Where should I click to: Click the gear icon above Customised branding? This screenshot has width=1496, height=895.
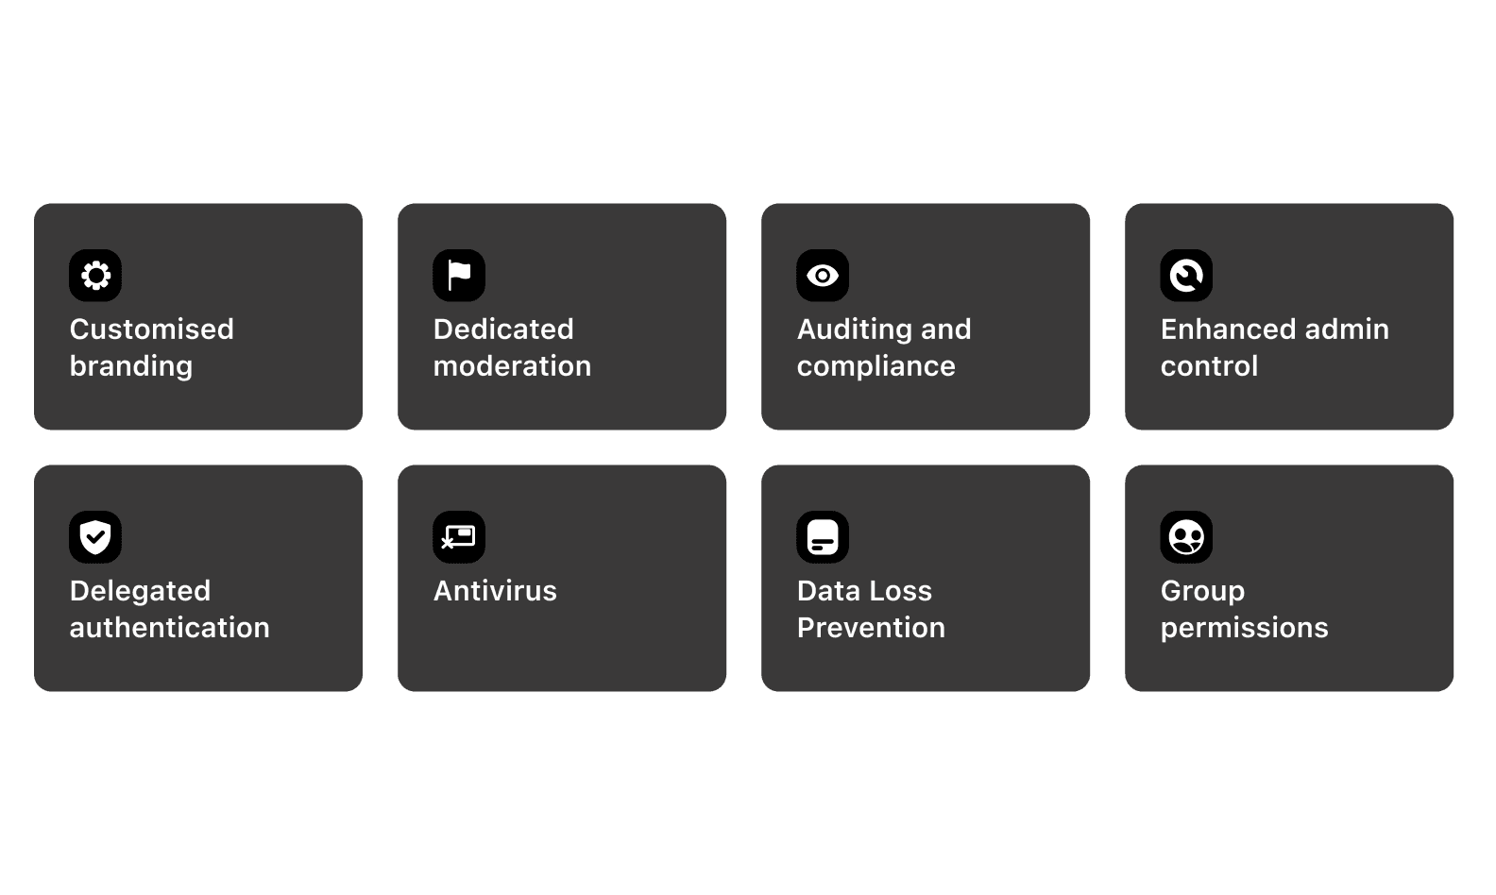pyautogui.click(x=95, y=276)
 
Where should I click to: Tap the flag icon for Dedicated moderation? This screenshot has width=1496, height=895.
pyautogui.click(x=459, y=276)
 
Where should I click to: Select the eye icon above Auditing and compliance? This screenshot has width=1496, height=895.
pyautogui.click(x=823, y=276)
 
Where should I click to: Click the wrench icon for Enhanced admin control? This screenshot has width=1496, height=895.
pyautogui.click(x=1186, y=276)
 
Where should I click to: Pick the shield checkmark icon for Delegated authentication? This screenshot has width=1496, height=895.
pyautogui.click(x=95, y=537)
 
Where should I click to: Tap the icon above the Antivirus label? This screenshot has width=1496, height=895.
pyautogui.click(x=459, y=537)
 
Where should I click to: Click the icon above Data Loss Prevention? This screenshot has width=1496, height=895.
pyautogui.click(x=823, y=537)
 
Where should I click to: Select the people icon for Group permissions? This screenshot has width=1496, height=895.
pyautogui.click(x=1186, y=537)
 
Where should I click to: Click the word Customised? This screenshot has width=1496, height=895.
pyautogui.click(x=152, y=329)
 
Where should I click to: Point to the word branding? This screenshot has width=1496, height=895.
pyautogui.click(x=131, y=366)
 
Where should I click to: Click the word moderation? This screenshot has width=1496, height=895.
pyautogui.click(x=512, y=365)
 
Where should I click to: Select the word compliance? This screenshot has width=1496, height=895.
pyautogui.click(x=876, y=366)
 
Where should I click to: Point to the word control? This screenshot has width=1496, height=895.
pyautogui.click(x=1209, y=365)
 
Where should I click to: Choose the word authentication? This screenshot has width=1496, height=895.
pyautogui.click(x=170, y=628)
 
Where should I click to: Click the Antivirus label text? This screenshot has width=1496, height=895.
pyautogui.click(x=495, y=591)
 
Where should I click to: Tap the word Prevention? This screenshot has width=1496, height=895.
pyautogui.click(x=871, y=628)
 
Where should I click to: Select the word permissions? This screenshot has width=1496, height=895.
pyautogui.click(x=1244, y=628)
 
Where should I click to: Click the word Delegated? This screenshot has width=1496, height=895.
pyautogui.click(x=140, y=592)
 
